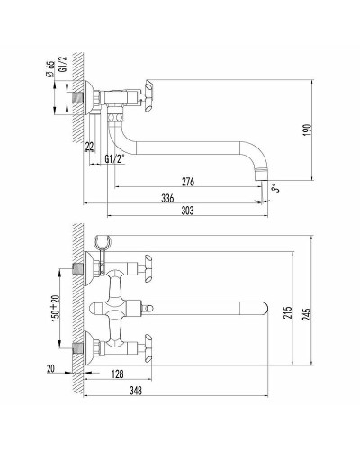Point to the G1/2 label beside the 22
pos(115,159)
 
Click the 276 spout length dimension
pos(188,181)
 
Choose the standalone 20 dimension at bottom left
pos(50,367)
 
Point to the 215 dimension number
pos(287,313)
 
